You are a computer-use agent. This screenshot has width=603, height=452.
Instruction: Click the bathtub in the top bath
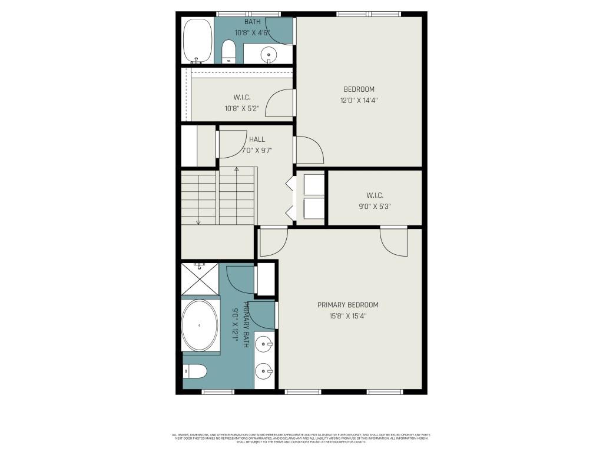click(x=197, y=41)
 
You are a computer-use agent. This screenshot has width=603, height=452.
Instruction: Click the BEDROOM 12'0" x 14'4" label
click(x=359, y=95)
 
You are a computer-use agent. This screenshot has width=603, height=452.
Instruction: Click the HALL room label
click(x=257, y=145)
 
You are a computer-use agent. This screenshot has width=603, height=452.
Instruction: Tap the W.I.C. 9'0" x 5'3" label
click(x=375, y=201)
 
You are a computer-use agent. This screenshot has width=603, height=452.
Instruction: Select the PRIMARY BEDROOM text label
click(x=347, y=310)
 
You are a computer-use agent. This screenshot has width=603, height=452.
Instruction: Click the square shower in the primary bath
click(x=200, y=279)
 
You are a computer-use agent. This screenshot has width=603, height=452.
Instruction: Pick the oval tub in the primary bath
click(x=200, y=325)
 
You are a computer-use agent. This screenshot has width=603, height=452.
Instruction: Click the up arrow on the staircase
click(x=237, y=169)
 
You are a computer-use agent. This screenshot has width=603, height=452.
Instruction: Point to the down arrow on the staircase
click(x=198, y=222)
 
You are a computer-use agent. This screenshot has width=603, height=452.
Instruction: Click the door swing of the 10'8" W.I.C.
click(x=280, y=104)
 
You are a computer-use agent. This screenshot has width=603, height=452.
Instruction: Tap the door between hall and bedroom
click(x=309, y=150)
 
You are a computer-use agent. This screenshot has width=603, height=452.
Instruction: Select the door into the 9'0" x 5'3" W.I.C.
click(x=393, y=241)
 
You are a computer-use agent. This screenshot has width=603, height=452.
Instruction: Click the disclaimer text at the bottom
click(x=301, y=438)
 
